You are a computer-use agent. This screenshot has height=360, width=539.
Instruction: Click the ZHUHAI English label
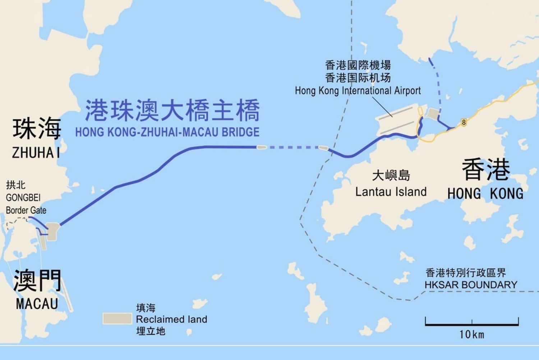36,153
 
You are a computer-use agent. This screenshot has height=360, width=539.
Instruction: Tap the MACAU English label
37,304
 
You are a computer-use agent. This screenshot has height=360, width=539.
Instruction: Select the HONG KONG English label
485,194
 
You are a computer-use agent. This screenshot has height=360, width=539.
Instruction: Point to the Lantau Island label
391,192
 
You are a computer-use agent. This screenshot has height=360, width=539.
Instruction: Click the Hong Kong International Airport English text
358,91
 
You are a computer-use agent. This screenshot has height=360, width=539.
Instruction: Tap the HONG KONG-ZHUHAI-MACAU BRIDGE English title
167,132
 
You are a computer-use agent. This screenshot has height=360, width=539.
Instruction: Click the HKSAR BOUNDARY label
471,285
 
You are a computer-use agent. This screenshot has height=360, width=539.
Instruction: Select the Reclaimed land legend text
171,319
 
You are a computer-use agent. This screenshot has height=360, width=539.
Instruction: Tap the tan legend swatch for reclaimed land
117,319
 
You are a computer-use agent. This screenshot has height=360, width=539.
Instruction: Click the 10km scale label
471,334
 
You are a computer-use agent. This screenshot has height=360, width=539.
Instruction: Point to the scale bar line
471,324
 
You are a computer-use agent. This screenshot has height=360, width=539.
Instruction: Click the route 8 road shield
464,122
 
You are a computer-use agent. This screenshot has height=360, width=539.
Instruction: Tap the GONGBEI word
23,198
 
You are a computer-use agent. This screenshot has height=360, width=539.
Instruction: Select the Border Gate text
26,210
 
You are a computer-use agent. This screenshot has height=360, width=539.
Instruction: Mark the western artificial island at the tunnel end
261,147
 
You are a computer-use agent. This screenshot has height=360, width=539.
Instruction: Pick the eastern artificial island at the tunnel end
323,147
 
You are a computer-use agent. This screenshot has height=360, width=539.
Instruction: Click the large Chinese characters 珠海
37,128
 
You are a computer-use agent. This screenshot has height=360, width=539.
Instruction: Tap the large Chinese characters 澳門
37,280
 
